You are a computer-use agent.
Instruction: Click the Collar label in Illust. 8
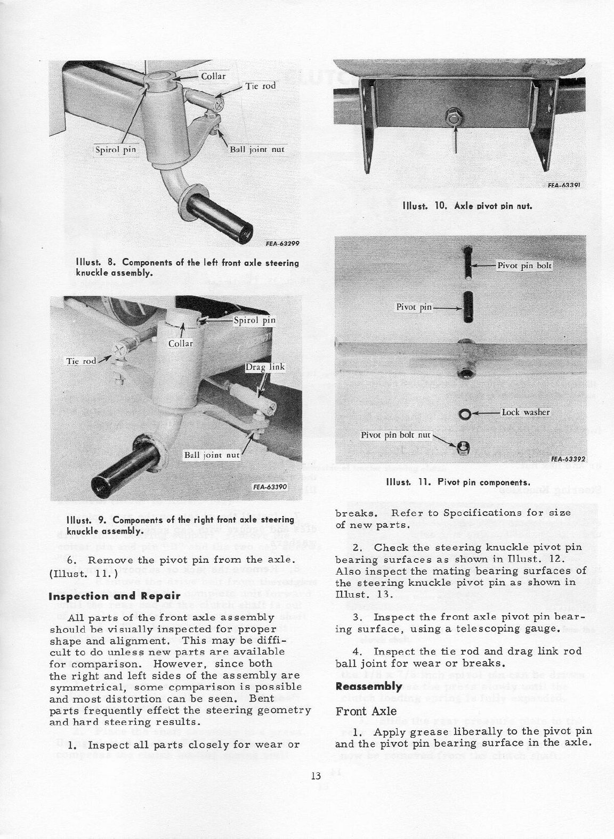tap(213, 76)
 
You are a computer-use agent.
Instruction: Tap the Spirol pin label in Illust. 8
tap(116, 149)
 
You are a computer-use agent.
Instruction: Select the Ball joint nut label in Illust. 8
tap(256, 149)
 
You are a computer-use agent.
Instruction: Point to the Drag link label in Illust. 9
tap(265, 367)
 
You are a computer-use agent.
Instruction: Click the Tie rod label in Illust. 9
tap(81, 361)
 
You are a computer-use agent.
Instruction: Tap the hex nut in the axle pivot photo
tap(455, 116)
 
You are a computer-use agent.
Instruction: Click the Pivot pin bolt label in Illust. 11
tap(524, 265)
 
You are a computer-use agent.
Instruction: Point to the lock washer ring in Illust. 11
tap(464, 414)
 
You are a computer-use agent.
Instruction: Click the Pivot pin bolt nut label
tap(395, 435)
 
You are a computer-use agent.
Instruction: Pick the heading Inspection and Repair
tap(115, 596)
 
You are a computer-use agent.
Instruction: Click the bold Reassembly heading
tap(369, 687)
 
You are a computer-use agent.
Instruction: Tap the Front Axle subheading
tap(366, 711)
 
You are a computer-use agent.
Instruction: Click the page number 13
tap(316, 776)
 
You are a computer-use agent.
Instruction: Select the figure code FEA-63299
tap(282, 244)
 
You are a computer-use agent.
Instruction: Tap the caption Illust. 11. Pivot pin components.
tap(458, 482)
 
